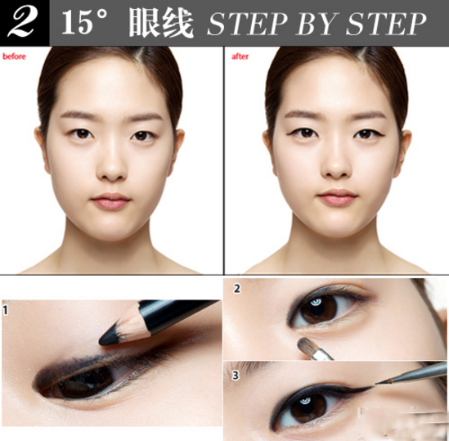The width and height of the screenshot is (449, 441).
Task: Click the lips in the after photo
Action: tap(337, 197)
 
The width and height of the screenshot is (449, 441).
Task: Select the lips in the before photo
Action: tap(111, 200)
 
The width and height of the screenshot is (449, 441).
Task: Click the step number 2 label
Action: tap(236, 288)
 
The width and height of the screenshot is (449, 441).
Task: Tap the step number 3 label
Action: tap(236, 376)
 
